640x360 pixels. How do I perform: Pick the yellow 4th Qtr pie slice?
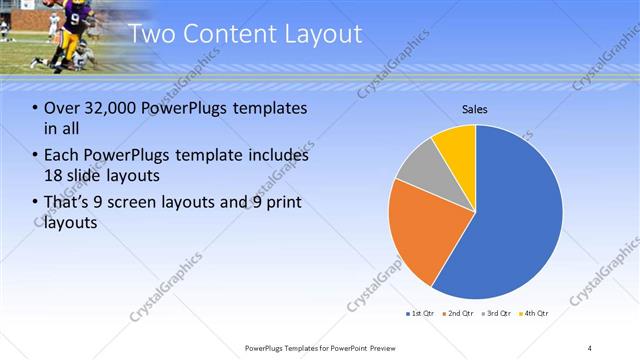456,141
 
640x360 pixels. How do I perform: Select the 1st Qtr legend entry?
421,314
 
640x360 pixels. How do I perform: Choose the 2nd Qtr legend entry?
459,314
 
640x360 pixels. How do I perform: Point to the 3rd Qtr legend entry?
497,314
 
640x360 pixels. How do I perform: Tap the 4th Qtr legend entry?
535,314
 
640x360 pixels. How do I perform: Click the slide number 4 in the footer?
590,347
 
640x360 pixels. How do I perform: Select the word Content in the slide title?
227,35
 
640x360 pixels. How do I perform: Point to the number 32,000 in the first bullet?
111,108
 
